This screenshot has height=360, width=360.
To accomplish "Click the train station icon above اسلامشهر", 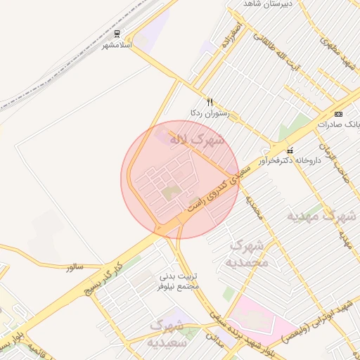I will pyautogui.click(x=117, y=34).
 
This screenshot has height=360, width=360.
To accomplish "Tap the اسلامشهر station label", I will pyautogui.click(x=117, y=44).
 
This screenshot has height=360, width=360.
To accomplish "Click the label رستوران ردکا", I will pyautogui.click(x=205, y=112).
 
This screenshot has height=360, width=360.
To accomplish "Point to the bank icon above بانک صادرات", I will pyautogui.click(x=339, y=114).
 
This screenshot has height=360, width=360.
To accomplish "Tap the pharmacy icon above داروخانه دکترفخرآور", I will pyautogui.click(x=289, y=150).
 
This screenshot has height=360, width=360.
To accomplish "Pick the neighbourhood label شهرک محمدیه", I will pyautogui.click(x=246, y=254).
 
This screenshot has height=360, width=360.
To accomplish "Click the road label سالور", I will pyautogui.click(x=75, y=268).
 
